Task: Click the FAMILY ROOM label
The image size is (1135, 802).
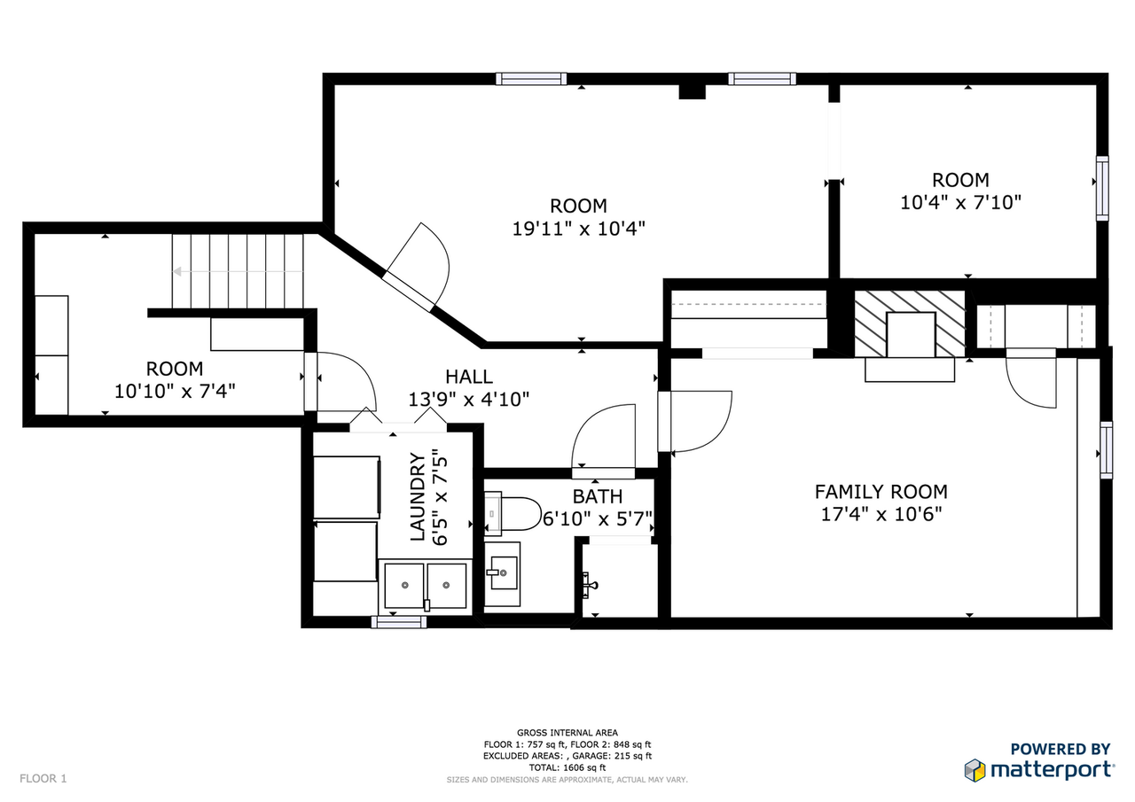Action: click(881, 491)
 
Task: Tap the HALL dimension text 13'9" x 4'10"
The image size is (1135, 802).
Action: click(468, 399)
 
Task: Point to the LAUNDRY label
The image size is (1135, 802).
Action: click(417, 497)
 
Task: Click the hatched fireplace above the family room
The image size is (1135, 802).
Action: click(909, 323)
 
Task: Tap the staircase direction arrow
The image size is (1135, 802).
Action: click(178, 272)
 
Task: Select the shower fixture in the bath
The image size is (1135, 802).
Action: click(589, 583)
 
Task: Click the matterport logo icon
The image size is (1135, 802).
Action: click(975, 769)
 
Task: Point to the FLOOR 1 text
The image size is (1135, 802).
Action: click(43, 779)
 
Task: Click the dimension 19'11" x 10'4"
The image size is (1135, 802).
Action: click(578, 229)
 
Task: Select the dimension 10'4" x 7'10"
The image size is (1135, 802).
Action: click(961, 202)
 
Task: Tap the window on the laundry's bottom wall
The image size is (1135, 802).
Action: click(398, 622)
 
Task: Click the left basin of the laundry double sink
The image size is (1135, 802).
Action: click(404, 586)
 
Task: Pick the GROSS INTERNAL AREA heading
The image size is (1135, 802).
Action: click(567, 732)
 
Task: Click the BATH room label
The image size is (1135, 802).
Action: click(597, 496)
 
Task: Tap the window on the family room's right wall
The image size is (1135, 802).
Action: click(1106, 450)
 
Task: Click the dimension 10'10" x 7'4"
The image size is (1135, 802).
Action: click(175, 389)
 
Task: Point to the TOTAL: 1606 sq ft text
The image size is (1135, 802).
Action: click(567, 767)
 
